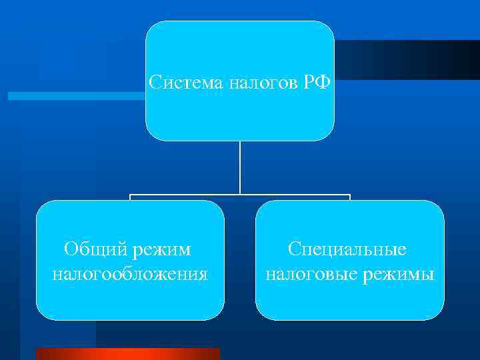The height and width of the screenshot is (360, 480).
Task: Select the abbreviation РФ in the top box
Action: (x=313, y=83)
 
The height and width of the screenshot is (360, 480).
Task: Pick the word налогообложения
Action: (x=130, y=274)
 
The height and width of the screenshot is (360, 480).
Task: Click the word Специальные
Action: (x=347, y=250)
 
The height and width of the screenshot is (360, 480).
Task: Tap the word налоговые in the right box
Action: (x=307, y=274)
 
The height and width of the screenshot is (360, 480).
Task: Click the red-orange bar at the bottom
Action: (x=127, y=354)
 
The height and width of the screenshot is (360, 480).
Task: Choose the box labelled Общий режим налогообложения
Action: (x=130, y=300)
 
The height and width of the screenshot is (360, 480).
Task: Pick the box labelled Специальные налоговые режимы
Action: (x=349, y=300)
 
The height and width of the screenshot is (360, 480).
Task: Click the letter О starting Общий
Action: (x=70, y=250)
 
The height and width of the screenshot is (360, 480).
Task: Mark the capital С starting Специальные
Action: (x=294, y=250)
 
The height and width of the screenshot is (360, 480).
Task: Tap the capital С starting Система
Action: (x=155, y=83)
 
